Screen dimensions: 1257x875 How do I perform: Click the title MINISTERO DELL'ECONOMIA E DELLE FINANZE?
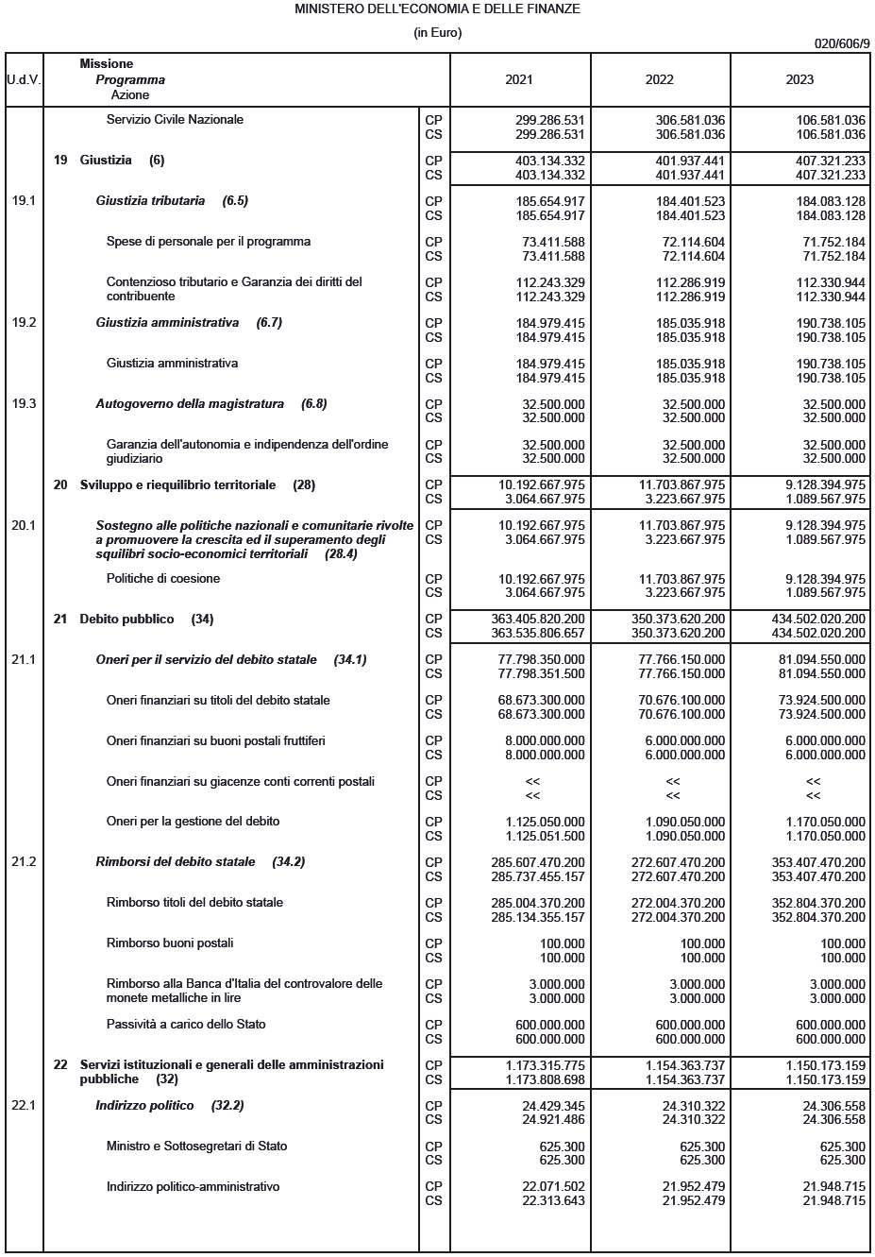[437, 8]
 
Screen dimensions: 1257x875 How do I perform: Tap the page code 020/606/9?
[842, 43]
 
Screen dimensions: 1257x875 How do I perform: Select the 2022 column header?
[659, 80]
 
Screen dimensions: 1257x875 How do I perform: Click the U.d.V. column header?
[24, 80]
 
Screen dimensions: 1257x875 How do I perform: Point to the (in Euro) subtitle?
[437, 33]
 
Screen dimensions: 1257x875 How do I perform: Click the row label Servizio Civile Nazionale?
[175, 120]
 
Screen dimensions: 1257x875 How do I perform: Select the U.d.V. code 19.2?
[24, 323]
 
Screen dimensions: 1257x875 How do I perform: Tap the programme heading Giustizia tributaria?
[150, 201]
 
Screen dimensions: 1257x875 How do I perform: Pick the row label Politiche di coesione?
[162, 579]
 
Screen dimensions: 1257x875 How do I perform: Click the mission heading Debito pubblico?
[126, 620]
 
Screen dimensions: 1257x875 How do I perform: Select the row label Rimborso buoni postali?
[170, 943]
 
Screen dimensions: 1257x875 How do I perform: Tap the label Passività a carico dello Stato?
[186, 1025]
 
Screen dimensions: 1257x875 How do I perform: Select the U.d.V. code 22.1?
[24, 1106]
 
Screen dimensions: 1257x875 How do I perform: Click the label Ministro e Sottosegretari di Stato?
[196, 1147]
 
